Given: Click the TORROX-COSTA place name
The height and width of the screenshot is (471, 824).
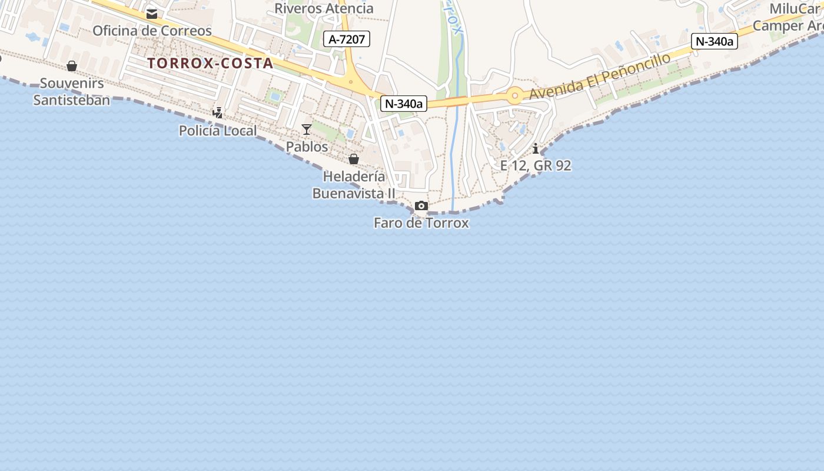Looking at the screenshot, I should point(210,63).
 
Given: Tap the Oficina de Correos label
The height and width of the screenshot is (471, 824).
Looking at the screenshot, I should point(152,31).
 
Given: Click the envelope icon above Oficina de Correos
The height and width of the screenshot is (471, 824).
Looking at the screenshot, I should point(152,14).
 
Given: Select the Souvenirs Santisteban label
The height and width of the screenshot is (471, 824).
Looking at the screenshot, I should point(71,91).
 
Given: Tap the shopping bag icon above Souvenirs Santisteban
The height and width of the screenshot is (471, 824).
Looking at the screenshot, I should point(72,66).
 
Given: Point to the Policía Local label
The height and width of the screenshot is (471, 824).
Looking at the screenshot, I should point(218,131).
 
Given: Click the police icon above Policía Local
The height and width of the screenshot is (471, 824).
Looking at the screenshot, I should point(218,112).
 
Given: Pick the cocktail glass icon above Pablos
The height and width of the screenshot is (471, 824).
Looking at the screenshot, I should point(306,130).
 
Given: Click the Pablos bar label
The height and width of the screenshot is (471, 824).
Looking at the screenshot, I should point(307,147).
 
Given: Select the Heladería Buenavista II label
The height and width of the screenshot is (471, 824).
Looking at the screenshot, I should point(354,185).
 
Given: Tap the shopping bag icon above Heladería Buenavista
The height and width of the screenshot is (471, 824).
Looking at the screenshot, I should point(354,159).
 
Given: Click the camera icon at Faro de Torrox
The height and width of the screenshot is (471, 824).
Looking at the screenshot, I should point(421,205).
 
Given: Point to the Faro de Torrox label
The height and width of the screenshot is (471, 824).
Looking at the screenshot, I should point(421,223).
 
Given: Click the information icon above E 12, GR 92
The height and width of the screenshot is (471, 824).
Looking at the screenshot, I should point(536,148).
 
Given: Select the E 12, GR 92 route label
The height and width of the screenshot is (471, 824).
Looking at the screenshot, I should point(536,165).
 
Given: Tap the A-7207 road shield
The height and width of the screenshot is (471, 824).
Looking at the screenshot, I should point(347,39).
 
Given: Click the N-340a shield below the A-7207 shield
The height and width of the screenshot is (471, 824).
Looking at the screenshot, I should point(404,104).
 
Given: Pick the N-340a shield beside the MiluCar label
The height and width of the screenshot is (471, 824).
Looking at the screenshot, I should point(715,41).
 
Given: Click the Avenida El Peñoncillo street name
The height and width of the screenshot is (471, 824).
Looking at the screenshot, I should point(600,77).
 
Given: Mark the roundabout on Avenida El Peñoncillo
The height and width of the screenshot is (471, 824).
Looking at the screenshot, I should point(516,95).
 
